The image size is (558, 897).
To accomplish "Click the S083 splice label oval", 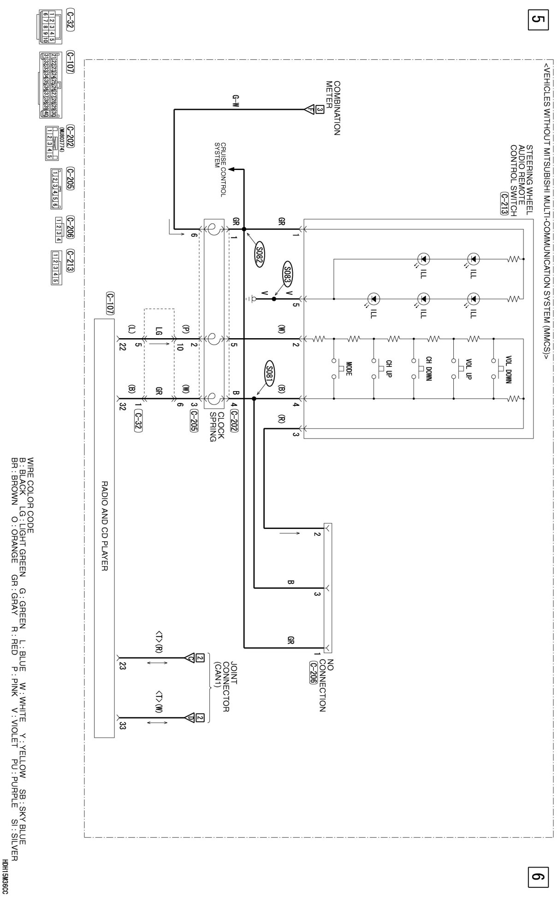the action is tap(288, 275).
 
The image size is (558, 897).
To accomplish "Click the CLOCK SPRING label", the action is tap(216, 426).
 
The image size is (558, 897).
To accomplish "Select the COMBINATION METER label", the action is tap(333, 108).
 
